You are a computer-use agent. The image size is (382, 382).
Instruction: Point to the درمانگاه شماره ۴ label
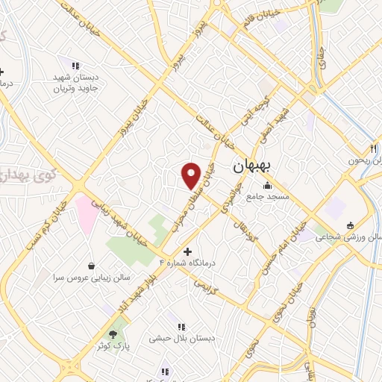[x=191, y=262]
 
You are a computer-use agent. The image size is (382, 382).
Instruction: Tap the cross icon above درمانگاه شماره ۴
[x=187, y=251]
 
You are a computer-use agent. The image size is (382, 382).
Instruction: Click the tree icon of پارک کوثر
[x=113, y=334]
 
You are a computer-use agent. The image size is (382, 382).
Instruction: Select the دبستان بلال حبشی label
[x=190, y=337]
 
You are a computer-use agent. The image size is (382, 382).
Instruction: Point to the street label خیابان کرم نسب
[x=41, y=226]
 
